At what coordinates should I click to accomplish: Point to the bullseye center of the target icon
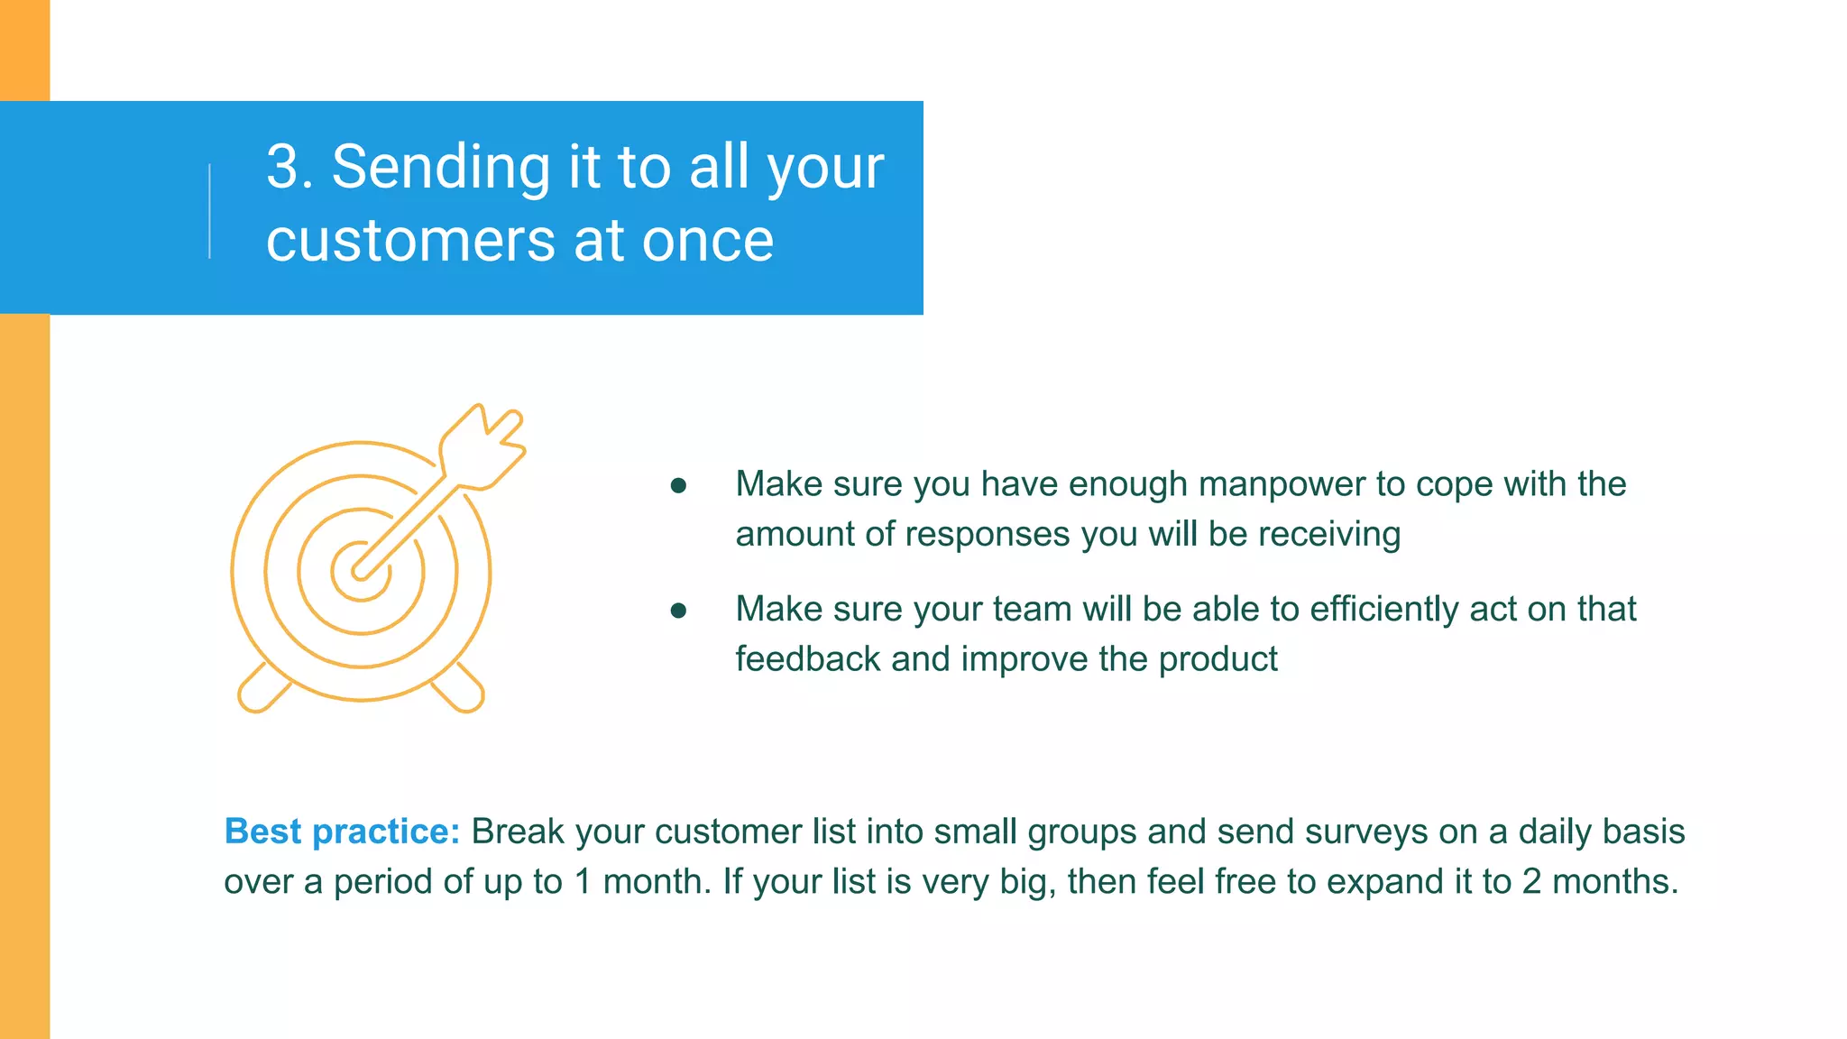[x=360, y=572]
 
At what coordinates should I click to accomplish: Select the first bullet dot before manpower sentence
[x=679, y=487]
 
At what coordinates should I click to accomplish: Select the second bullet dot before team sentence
[x=679, y=611]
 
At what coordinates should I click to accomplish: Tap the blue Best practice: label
[x=342, y=832]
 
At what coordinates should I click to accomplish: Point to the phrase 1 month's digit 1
[x=584, y=882]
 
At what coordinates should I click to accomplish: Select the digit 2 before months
[x=1531, y=882]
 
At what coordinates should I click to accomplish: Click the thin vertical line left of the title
[x=210, y=211]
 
